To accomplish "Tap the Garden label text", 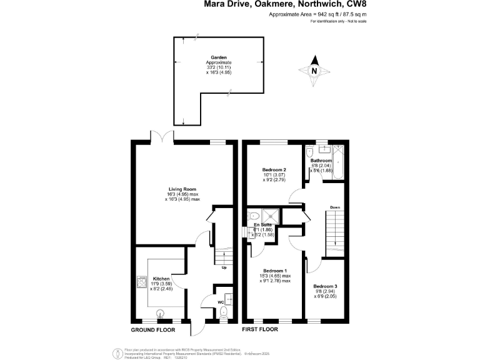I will click(219, 57).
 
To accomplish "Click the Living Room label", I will click(182, 189).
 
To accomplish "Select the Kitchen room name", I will click(161, 278).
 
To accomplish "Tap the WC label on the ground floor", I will click(221, 302).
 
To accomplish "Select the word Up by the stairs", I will click(224, 268).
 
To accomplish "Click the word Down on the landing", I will click(335, 207).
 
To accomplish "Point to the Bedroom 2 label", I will click(274, 170).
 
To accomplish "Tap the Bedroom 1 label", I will click(275, 270).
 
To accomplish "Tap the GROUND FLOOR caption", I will click(152, 329).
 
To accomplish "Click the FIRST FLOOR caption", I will click(259, 329).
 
